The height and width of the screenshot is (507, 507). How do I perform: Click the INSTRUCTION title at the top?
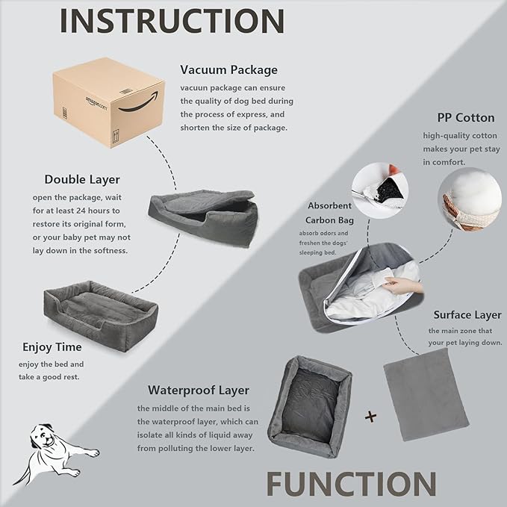click(171, 21)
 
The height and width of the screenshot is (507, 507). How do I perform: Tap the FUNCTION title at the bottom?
click(351, 484)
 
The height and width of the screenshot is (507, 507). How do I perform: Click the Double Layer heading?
click(81, 179)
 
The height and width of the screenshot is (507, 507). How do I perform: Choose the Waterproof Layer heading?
click(198, 390)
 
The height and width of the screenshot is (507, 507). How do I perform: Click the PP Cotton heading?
click(465, 118)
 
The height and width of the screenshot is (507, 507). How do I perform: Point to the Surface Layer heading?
click(467, 314)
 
